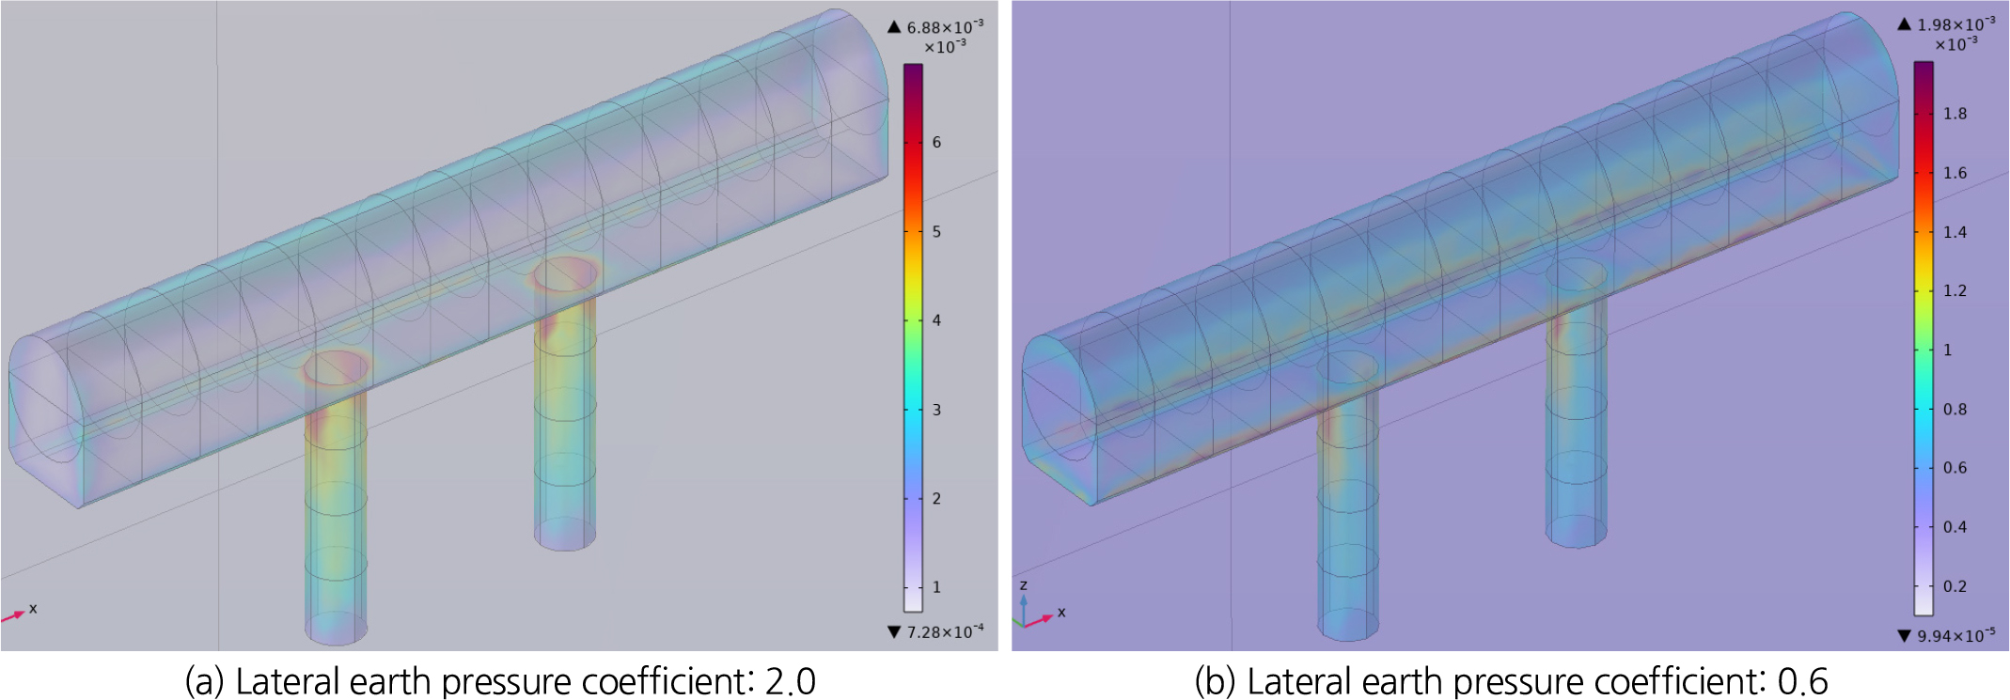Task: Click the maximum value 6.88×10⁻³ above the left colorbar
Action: (x=945, y=27)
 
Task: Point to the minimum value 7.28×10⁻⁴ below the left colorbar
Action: (x=945, y=631)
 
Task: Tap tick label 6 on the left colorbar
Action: (x=936, y=142)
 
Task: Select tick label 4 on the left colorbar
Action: (x=936, y=320)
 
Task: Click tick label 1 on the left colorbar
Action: (x=936, y=587)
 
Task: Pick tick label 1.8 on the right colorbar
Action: (x=1955, y=114)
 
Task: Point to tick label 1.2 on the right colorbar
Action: (x=1955, y=290)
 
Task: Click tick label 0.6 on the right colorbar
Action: (x=1955, y=468)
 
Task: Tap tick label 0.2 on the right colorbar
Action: (x=1955, y=586)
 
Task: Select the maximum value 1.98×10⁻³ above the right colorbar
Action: (x=1956, y=24)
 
